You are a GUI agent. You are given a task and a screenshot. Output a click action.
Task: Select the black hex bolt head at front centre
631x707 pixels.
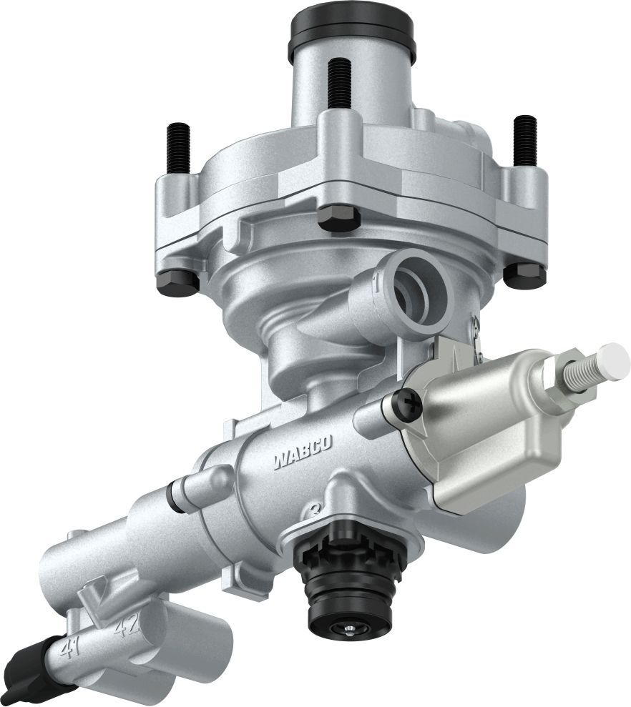tap(338, 218)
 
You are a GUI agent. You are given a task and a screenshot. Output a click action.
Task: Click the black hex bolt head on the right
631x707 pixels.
tap(524, 275)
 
